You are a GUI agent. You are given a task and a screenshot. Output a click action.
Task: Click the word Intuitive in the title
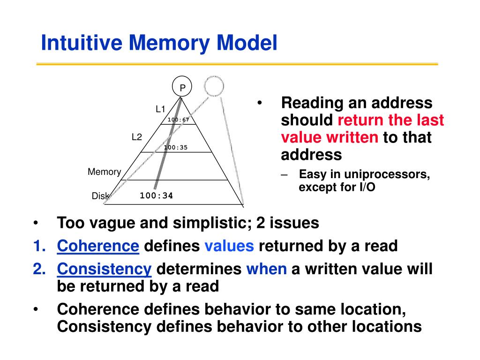(82, 42)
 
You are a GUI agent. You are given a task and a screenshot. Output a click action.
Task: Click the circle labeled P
(182, 86)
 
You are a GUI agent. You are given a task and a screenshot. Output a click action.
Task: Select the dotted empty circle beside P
(214, 86)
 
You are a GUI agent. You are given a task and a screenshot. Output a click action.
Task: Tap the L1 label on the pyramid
(160, 109)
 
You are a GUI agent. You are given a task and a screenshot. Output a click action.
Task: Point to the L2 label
(137, 137)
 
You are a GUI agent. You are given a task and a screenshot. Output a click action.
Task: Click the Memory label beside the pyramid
(105, 172)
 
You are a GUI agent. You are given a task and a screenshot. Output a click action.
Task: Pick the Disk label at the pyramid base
(100, 195)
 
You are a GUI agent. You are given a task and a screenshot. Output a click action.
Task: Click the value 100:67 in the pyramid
(178, 120)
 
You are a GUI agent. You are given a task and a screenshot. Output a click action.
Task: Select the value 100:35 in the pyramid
(176, 148)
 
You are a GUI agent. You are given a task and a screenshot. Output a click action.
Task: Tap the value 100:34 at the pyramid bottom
(157, 195)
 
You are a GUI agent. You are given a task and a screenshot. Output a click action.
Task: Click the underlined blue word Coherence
(98, 246)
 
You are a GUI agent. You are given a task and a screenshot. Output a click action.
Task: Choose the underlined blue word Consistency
(104, 269)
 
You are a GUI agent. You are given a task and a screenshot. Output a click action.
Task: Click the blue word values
(229, 246)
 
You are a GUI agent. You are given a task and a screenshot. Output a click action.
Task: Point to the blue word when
(267, 269)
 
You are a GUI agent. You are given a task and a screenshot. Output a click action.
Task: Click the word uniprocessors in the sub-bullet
(387, 174)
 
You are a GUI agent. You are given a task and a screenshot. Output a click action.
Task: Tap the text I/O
(367, 187)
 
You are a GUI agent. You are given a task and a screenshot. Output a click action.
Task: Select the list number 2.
(39, 269)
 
